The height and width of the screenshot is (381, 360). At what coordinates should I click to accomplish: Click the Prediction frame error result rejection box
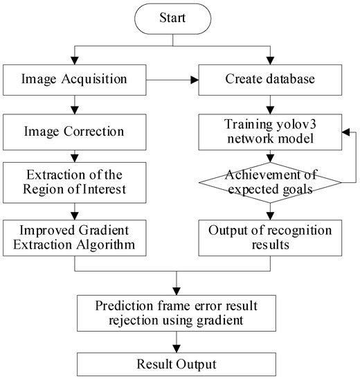point(179,309)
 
